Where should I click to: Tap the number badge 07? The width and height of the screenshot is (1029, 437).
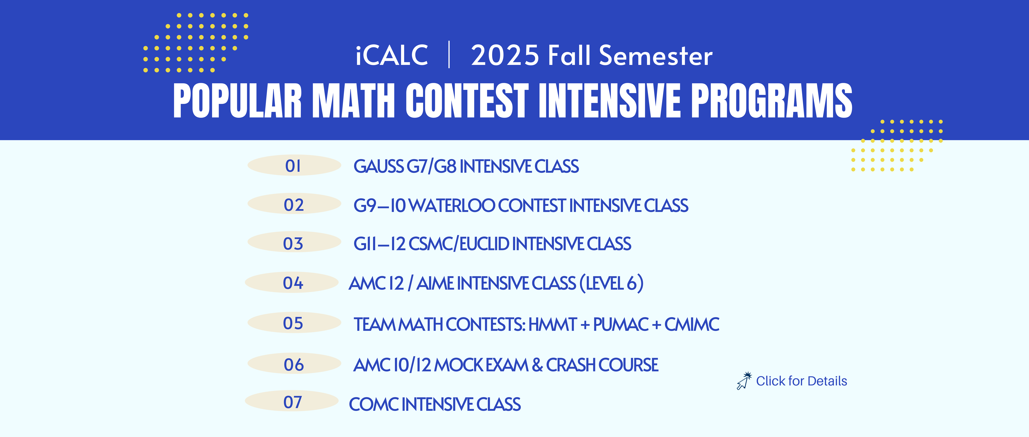tap(292, 401)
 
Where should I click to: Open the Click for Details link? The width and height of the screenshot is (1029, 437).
tap(801, 381)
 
